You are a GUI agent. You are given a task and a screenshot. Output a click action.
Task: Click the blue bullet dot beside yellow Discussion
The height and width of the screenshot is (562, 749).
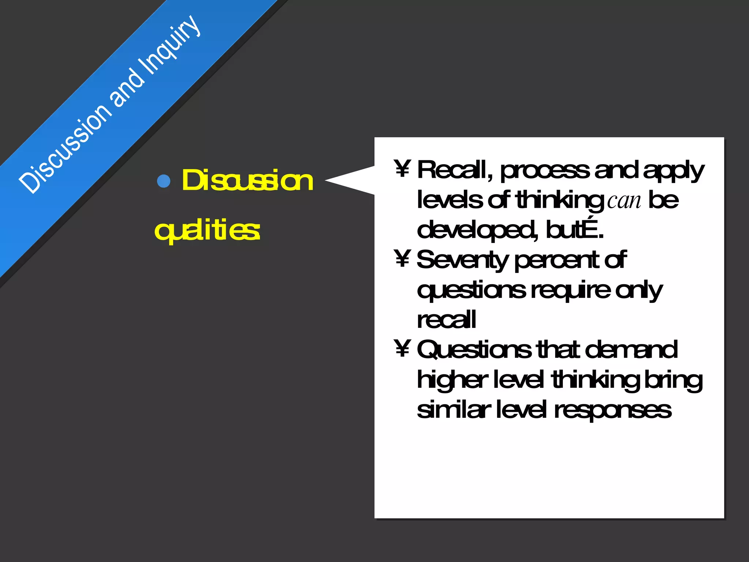tap(163, 181)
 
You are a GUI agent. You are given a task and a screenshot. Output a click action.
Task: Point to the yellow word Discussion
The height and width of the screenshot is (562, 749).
tap(248, 180)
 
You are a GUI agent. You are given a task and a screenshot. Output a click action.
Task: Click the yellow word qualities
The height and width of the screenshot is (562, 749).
tap(207, 231)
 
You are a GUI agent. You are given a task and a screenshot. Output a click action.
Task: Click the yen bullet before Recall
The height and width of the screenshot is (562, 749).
tap(402, 169)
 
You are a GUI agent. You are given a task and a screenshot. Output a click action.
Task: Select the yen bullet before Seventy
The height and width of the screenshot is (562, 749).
tap(402, 258)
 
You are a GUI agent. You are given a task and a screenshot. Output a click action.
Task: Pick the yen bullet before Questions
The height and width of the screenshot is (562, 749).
tap(402, 348)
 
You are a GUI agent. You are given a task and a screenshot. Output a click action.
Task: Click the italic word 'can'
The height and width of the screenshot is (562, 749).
tap(624, 201)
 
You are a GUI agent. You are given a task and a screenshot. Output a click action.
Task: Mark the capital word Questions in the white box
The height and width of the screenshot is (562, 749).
tap(474, 350)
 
